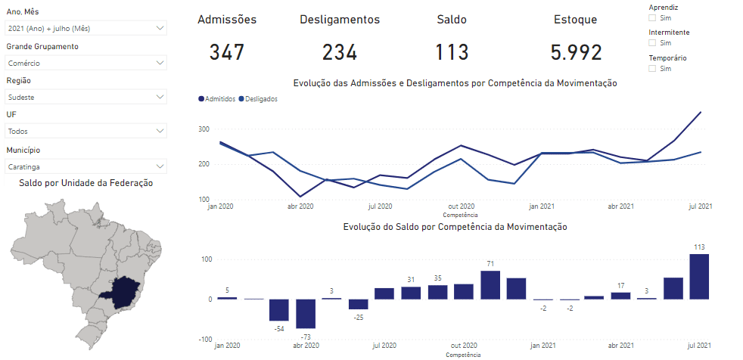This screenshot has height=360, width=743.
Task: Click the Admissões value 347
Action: pyautogui.click(x=227, y=52)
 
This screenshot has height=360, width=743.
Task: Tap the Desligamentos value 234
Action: pyautogui.click(x=340, y=52)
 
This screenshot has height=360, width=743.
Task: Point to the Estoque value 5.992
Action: pyautogui.click(x=576, y=52)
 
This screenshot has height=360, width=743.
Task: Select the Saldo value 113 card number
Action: pyautogui.click(x=452, y=52)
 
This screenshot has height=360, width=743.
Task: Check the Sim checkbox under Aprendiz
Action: pyautogui.click(x=653, y=17)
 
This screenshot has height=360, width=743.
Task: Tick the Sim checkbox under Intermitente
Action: pyautogui.click(x=653, y=43)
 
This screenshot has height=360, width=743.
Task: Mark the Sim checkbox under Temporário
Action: pyautogui.click(x=653, y=68)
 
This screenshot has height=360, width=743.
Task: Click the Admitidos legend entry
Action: pyautogui.click(x=216, y=98)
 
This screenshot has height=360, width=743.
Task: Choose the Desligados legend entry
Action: pyautogui.click(x=258, y=98)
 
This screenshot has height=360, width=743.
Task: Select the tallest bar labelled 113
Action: pyautogui.click(x=699, y=276)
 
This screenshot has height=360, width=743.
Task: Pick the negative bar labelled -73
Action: pyautogui.click(x=306, y=314)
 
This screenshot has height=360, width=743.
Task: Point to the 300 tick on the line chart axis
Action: pyautogui.click(x=204, y=130)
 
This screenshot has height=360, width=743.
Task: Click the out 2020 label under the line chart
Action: pyautogui.click(x=461, y=206)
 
